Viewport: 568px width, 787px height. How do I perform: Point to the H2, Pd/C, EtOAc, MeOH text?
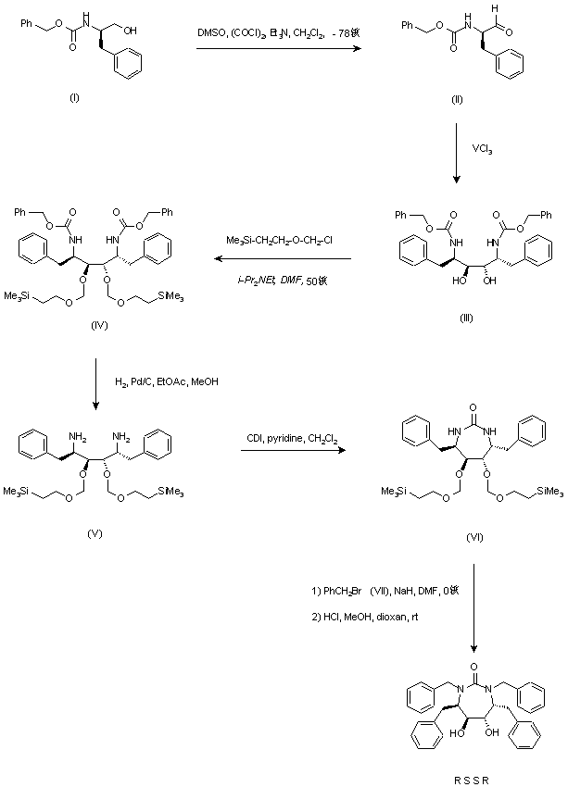click(169, 381)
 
